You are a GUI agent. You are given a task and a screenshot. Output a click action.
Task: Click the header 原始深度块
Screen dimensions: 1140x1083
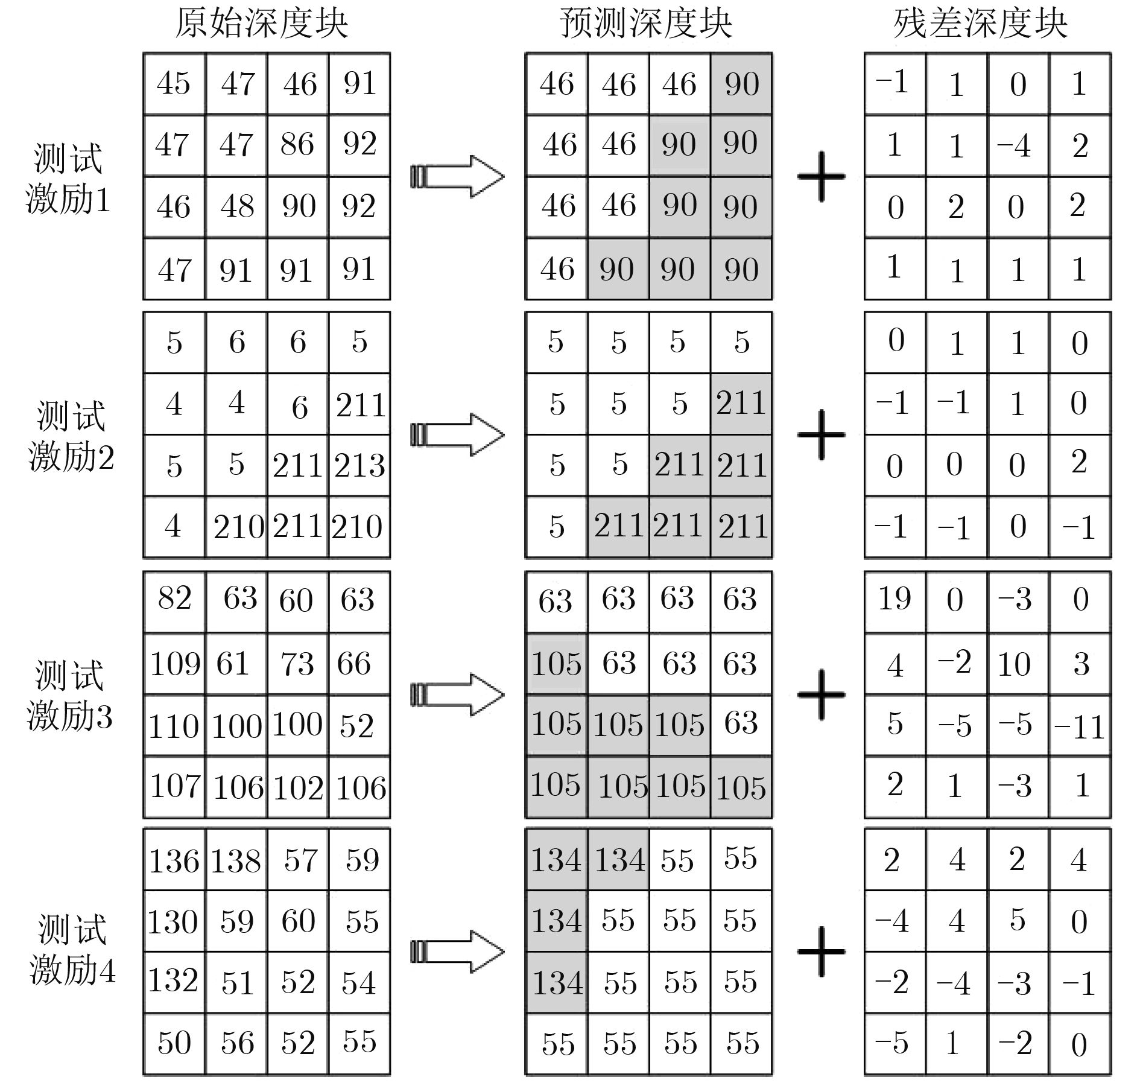(x=261, y=24)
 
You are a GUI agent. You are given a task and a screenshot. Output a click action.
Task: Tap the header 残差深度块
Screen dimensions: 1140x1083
(x=981, y=24)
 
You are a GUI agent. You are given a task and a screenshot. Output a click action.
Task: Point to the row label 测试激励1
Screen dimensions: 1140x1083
(x=68, y=179)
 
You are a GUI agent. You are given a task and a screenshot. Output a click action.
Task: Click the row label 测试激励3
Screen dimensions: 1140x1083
(x=69, y=695)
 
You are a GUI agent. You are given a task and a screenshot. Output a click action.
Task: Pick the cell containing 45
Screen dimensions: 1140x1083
(x=174, y=84)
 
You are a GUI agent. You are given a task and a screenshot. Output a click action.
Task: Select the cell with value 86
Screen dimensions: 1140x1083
(x=298, y=145)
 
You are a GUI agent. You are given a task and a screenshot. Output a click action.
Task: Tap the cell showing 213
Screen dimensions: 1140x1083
(x=359, y=466)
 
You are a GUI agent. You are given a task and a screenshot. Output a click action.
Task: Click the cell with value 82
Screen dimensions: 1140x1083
(x=174, y=602)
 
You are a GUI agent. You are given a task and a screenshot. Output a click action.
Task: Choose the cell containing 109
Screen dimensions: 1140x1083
(x=174, y=664)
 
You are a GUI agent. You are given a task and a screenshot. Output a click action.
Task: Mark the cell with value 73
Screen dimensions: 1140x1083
(x=298, y=664)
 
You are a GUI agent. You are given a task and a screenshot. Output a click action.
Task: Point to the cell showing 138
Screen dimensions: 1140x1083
(x=236, y=860)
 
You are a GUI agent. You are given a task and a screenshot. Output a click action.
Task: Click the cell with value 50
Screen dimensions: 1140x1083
(x=174, y=1044)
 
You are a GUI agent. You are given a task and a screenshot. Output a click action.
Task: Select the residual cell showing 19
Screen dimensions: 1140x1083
(x=895, y=602)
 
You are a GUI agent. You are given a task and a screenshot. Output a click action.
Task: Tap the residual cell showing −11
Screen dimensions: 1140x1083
(x=1080, y=725)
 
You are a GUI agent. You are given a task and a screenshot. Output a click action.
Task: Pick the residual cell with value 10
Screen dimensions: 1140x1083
(x=1018, y=664)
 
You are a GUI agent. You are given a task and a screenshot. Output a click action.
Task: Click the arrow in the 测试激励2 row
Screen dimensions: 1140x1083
(x=457, y=434)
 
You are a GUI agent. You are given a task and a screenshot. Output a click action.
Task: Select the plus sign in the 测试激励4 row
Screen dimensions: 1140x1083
(x=821, y=951)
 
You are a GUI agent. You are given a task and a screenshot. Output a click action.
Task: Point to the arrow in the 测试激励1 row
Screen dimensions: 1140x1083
(x=457, y=176)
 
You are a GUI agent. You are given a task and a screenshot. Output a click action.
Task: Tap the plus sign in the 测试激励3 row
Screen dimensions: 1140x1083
(x=821, y=694)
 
